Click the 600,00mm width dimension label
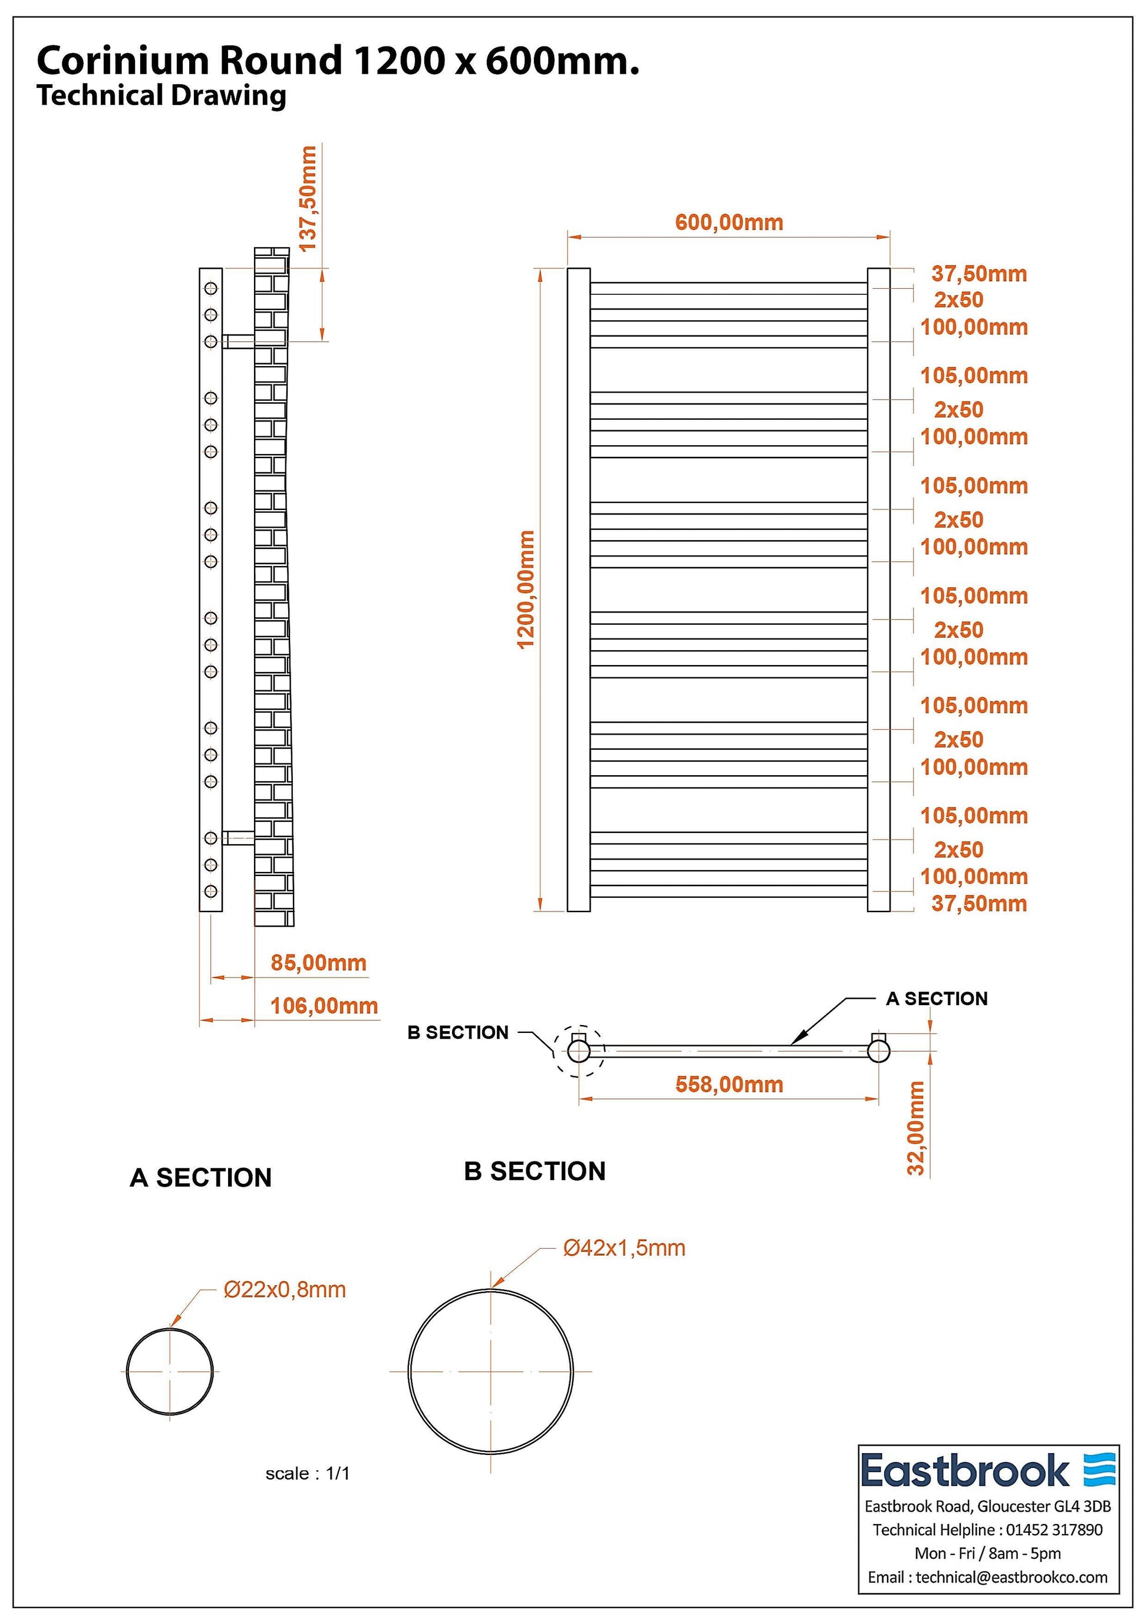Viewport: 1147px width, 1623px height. coord(729,223)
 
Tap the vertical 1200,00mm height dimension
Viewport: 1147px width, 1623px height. coord(526,590)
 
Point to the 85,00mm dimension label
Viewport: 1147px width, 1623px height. coord(318,963)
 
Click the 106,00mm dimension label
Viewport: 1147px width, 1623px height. coord(324,1006)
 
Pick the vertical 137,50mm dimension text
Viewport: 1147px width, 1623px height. coord(308,199)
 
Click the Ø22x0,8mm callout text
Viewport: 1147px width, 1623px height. coord(285,1289)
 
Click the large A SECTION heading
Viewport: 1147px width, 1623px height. coord(201,1178)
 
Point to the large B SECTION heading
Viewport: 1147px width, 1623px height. coord(535,1171)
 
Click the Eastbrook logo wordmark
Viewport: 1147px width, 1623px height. coord(965,1471)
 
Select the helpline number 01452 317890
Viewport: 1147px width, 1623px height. coord(1054,1530)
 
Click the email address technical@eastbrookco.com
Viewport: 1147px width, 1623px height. coord(1011,1577)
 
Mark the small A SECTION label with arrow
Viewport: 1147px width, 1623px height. coord(937,999)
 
